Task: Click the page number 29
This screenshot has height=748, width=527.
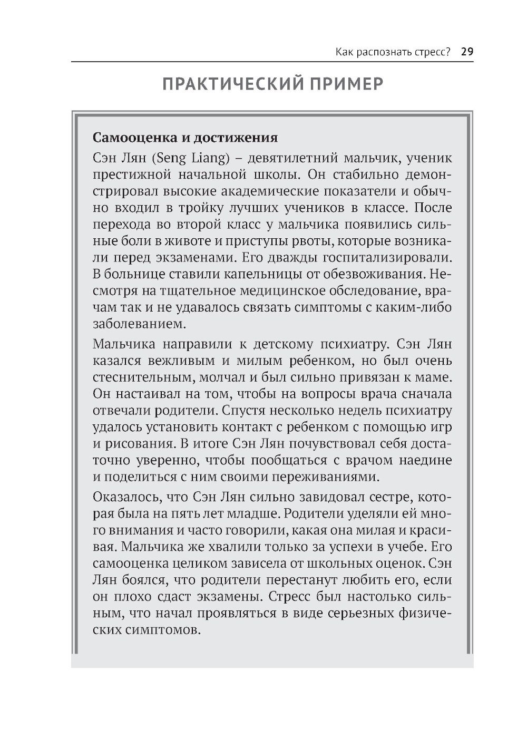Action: click(467, 52)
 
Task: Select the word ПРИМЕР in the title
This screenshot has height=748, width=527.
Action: click(346, 84)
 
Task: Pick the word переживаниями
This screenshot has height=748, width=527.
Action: click(331, 478)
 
